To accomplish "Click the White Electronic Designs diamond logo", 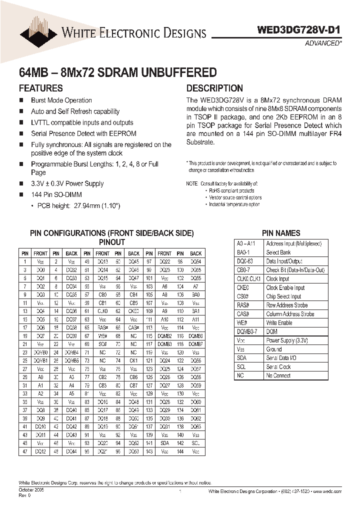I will (38, 31).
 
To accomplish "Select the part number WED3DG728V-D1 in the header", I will (299, 30).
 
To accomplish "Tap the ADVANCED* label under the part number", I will (323, 43).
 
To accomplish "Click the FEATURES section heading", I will (40, 88).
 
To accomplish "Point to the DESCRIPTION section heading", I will (214, 88).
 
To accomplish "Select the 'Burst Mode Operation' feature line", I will (61, 100).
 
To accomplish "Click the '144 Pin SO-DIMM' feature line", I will (56, 194).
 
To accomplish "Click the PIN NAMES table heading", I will (281, 233).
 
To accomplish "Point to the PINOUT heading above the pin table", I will (111, 242).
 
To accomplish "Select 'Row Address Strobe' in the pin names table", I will (287, 305).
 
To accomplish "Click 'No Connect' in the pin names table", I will (278, 375).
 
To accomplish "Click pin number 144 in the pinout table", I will (180, 451).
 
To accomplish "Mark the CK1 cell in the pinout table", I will (133, 360).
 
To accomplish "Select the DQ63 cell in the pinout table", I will (196, 426).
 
